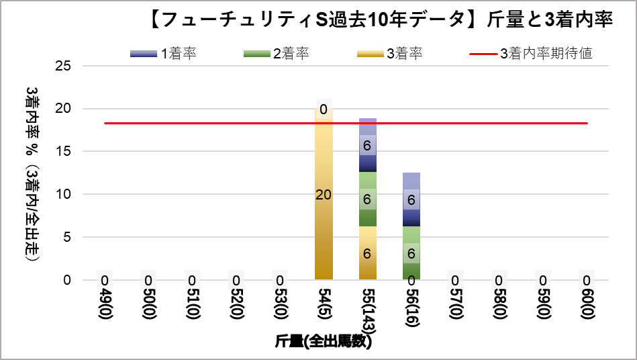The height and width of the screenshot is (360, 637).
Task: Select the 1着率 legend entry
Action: [164, 54]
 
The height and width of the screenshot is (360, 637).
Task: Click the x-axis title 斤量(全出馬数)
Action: [323, 341]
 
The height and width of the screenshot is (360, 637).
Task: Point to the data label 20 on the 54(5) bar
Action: [324, 195]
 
